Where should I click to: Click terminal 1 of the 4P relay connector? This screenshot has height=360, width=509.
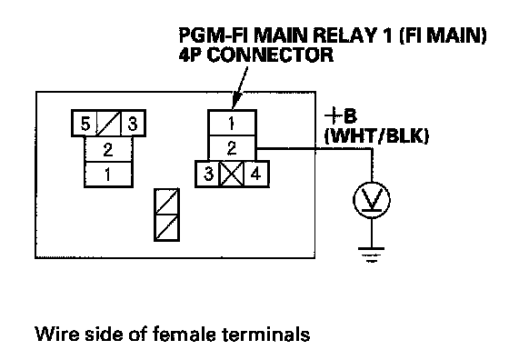click(232, 123)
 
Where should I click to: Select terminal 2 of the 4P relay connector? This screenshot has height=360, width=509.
click(232, 148)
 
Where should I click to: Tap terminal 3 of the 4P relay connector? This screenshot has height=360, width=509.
click(208, 174)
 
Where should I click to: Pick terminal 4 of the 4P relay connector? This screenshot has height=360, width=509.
click(255, 174)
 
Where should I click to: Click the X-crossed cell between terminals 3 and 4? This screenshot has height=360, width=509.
click(232, 174)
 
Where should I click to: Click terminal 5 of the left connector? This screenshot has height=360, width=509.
click(85, 124)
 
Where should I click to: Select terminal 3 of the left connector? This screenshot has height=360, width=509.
click(133, 124)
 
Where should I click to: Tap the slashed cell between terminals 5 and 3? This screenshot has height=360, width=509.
click(109, 124)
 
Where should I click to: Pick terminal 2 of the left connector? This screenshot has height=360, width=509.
click(108, 149)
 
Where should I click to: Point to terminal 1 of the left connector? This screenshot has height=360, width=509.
click(108, 175)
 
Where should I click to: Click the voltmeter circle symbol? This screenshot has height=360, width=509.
click(372, 200)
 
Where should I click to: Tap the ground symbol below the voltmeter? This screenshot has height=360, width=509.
click(372, 255)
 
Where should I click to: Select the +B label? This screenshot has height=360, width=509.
click(341, 115)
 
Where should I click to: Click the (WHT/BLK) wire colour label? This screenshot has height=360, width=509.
click(376, 135)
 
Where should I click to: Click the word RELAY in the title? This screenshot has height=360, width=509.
click(343, 35)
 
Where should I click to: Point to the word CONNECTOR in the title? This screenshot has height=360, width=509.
click(270, 55)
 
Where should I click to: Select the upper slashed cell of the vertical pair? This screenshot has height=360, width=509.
click(167, 202)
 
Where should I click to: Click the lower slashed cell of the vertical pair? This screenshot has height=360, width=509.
click(167, 227)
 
